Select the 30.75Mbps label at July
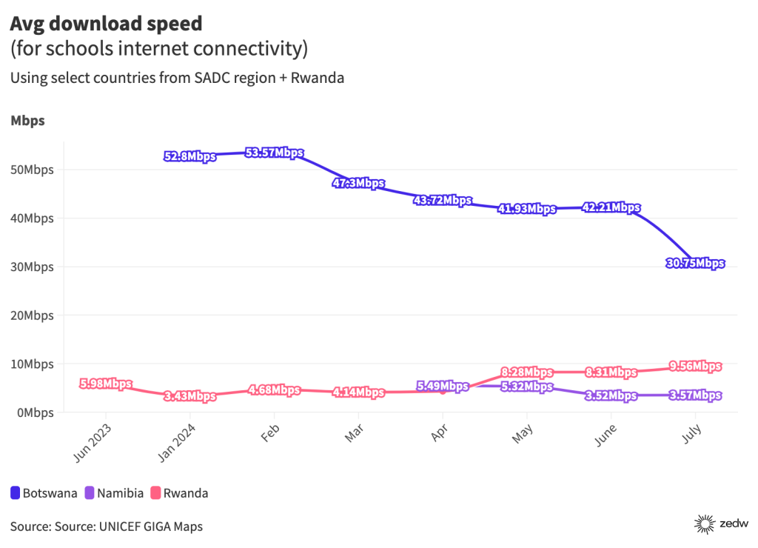click(x=695, y=263)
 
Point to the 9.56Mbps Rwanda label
click(x=695, y=366)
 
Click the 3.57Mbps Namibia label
click(x=695, y=395)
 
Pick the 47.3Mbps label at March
click(x=358, y=184)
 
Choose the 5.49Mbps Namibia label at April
click(x=443, y=386)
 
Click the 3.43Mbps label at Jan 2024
click(x=190, y=396)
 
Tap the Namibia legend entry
click(x=114, y=492)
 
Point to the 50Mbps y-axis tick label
click(x=32, y=170)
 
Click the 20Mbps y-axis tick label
click(x=32, y=315)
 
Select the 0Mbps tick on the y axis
click(x=35, y=412)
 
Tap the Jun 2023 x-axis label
click(x=94, y=442)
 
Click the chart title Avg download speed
click(x=106, y=23)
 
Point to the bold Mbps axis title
click(x=27, y=121)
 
